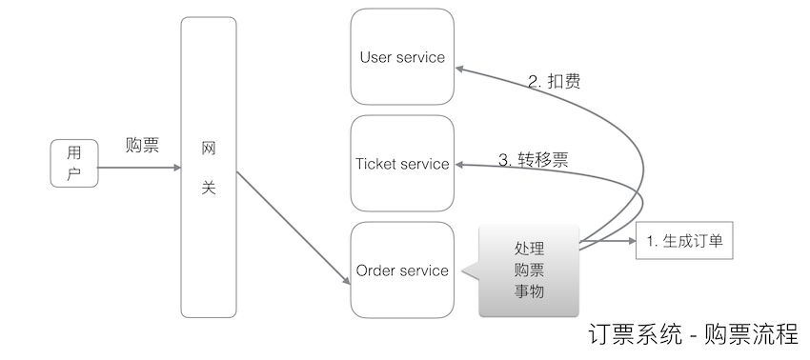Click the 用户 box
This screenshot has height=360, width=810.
click(74, 163)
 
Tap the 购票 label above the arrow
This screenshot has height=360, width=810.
click(142, 146)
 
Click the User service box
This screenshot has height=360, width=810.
click(401, 57)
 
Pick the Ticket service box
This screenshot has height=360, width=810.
click(401, 164)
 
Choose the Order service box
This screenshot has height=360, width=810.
click(401, 270)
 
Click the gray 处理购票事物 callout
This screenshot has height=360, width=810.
click(529, 270)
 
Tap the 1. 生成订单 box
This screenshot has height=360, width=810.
click(683, 242)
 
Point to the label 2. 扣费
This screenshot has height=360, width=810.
click(555, 82)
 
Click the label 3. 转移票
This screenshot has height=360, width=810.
click(534, 159)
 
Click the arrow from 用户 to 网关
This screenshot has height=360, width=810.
click(138, 169)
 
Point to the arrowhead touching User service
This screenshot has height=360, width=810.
click(458, 69)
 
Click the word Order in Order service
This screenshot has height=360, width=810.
click(375, 270)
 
